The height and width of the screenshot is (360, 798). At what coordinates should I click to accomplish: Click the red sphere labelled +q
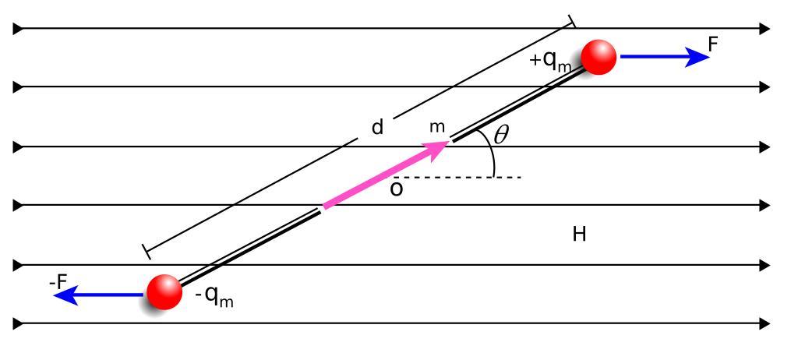pyautogui.click(x=598, y=57)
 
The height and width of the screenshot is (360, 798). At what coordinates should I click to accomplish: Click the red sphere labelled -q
pyautogui.click(x=164, y=292)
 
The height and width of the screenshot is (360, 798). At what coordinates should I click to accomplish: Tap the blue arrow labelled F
pyautogui.click(x=662, y=57)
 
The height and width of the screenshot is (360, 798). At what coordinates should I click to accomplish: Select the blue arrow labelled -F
pyautogui.click(x=101, y=294)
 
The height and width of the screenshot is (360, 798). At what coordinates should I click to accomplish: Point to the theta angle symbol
pyautogui.click(x=501, y=136)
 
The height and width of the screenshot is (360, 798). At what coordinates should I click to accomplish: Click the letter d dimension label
pyautogui.click(x=377, y=127)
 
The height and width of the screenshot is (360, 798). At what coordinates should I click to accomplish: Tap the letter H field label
pyautogui.click(x=579, y=235)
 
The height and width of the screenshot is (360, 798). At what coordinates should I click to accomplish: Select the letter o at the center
pyautogui.click(x=397, y=189)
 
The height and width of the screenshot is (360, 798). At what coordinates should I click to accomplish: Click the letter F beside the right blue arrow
pyautogui.click(x=712, y=44)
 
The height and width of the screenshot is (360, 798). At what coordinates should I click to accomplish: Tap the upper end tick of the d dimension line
pyautogui.click(x=571, y=20)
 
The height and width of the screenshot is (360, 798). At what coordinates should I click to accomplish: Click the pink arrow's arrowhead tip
pyautogui.click(x=447, y=141)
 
